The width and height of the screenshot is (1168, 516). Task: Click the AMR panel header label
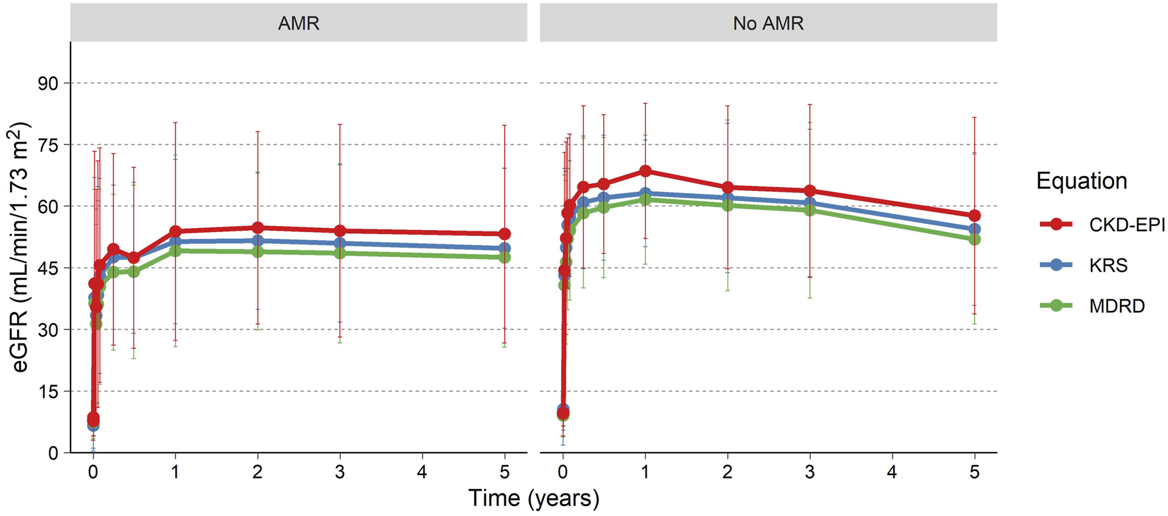(x=299, y=24)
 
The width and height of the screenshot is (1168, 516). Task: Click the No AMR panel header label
(x=768, y=24)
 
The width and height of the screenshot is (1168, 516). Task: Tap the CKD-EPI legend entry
(x=1126, y=225)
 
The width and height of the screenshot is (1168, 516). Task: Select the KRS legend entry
(x=1108, y=266)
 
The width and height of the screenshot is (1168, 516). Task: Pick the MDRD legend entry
(x=1117, y=306)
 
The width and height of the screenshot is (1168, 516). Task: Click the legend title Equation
(x=1081, y=181)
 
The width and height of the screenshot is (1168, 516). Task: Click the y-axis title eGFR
(x=20, y=247)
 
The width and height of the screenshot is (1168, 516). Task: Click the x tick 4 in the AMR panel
(x=422, y=472)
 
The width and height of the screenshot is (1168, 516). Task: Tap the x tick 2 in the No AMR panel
(x=727, y=472)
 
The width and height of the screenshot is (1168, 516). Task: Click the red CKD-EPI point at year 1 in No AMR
(x=645, y=171)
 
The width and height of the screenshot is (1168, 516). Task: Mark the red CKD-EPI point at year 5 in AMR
(x=504, y=234)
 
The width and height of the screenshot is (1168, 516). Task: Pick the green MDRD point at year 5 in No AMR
(x=974, y=239)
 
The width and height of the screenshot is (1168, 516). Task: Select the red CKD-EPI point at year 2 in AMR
(x=258, y=228)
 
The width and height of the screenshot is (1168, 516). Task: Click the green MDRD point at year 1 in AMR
(x=175, y=250)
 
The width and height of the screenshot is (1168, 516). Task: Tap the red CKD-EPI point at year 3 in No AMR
(x=809, y=191)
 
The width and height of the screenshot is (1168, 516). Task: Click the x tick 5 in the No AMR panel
(x=974, y=472)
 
